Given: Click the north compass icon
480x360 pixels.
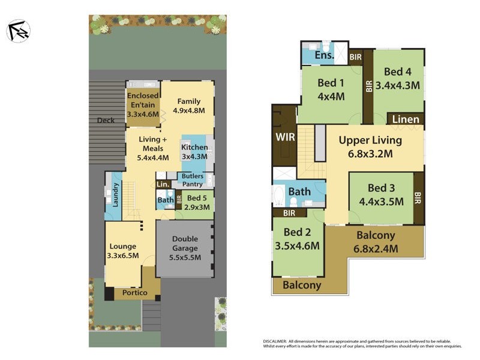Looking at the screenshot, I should [x=18, y=31].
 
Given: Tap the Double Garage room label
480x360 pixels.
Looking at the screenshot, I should [x=185, y=240].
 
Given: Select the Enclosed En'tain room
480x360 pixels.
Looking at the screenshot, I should [x=143, y=105].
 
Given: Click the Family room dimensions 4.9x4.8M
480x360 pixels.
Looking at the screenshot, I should [x=188, y=110].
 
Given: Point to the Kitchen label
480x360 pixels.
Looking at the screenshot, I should [x=194, y=148].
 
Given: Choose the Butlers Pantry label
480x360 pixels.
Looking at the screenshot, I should [x=193, y=180].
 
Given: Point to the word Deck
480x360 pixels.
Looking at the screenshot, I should [x=106, y=121].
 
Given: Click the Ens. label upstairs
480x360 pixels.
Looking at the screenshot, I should [x=324, y=56].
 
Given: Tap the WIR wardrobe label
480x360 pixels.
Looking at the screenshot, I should [x=285, y=137].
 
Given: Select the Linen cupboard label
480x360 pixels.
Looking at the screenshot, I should [x=406, y=119].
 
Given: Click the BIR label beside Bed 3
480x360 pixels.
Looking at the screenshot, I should [x=418, y=197].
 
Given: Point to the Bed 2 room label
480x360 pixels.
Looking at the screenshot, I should [x=296, y=232].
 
